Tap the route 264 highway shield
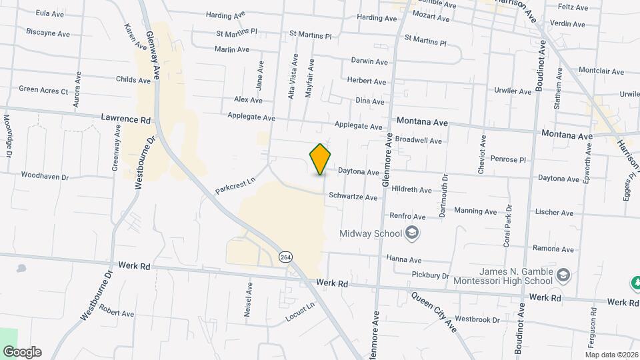click(x=286, y=257)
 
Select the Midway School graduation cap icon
click(x=413, y=233)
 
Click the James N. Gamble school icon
click(x=563, y=275)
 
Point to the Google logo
click(x=22, y=352)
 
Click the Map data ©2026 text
click(x=611, y=354)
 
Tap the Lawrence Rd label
click(x=126, y=119)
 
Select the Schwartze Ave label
click(x=353, y=197)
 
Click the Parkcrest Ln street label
click(x=235, y=185)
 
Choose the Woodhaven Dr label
click(x=45, y=177)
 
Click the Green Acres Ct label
click(x=43, y=89)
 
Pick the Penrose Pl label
click(x=509, y=160)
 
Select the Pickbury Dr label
click(x=431, y=275)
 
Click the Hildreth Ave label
click(x=413, y=190)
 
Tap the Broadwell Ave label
click(x=419, y=141)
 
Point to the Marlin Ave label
click(x=232, y=49)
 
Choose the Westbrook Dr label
click(x=477, y=319)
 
